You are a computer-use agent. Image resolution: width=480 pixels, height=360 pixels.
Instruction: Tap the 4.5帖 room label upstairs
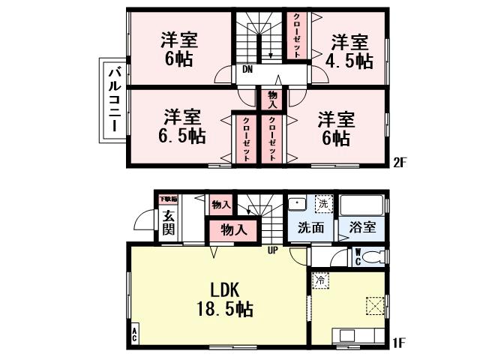351,52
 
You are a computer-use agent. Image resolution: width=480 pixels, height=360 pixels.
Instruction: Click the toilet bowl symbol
376,256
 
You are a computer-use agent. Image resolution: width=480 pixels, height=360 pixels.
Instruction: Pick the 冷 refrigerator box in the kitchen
319,280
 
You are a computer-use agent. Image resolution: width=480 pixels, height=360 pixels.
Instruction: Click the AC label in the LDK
135,334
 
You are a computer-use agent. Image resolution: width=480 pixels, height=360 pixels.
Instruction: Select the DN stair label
247,71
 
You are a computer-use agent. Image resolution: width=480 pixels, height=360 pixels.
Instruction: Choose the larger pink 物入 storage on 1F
234,229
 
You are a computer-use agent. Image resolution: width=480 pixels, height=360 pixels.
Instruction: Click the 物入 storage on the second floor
272,98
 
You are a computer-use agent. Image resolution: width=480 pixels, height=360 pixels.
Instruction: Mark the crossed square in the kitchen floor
374,306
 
